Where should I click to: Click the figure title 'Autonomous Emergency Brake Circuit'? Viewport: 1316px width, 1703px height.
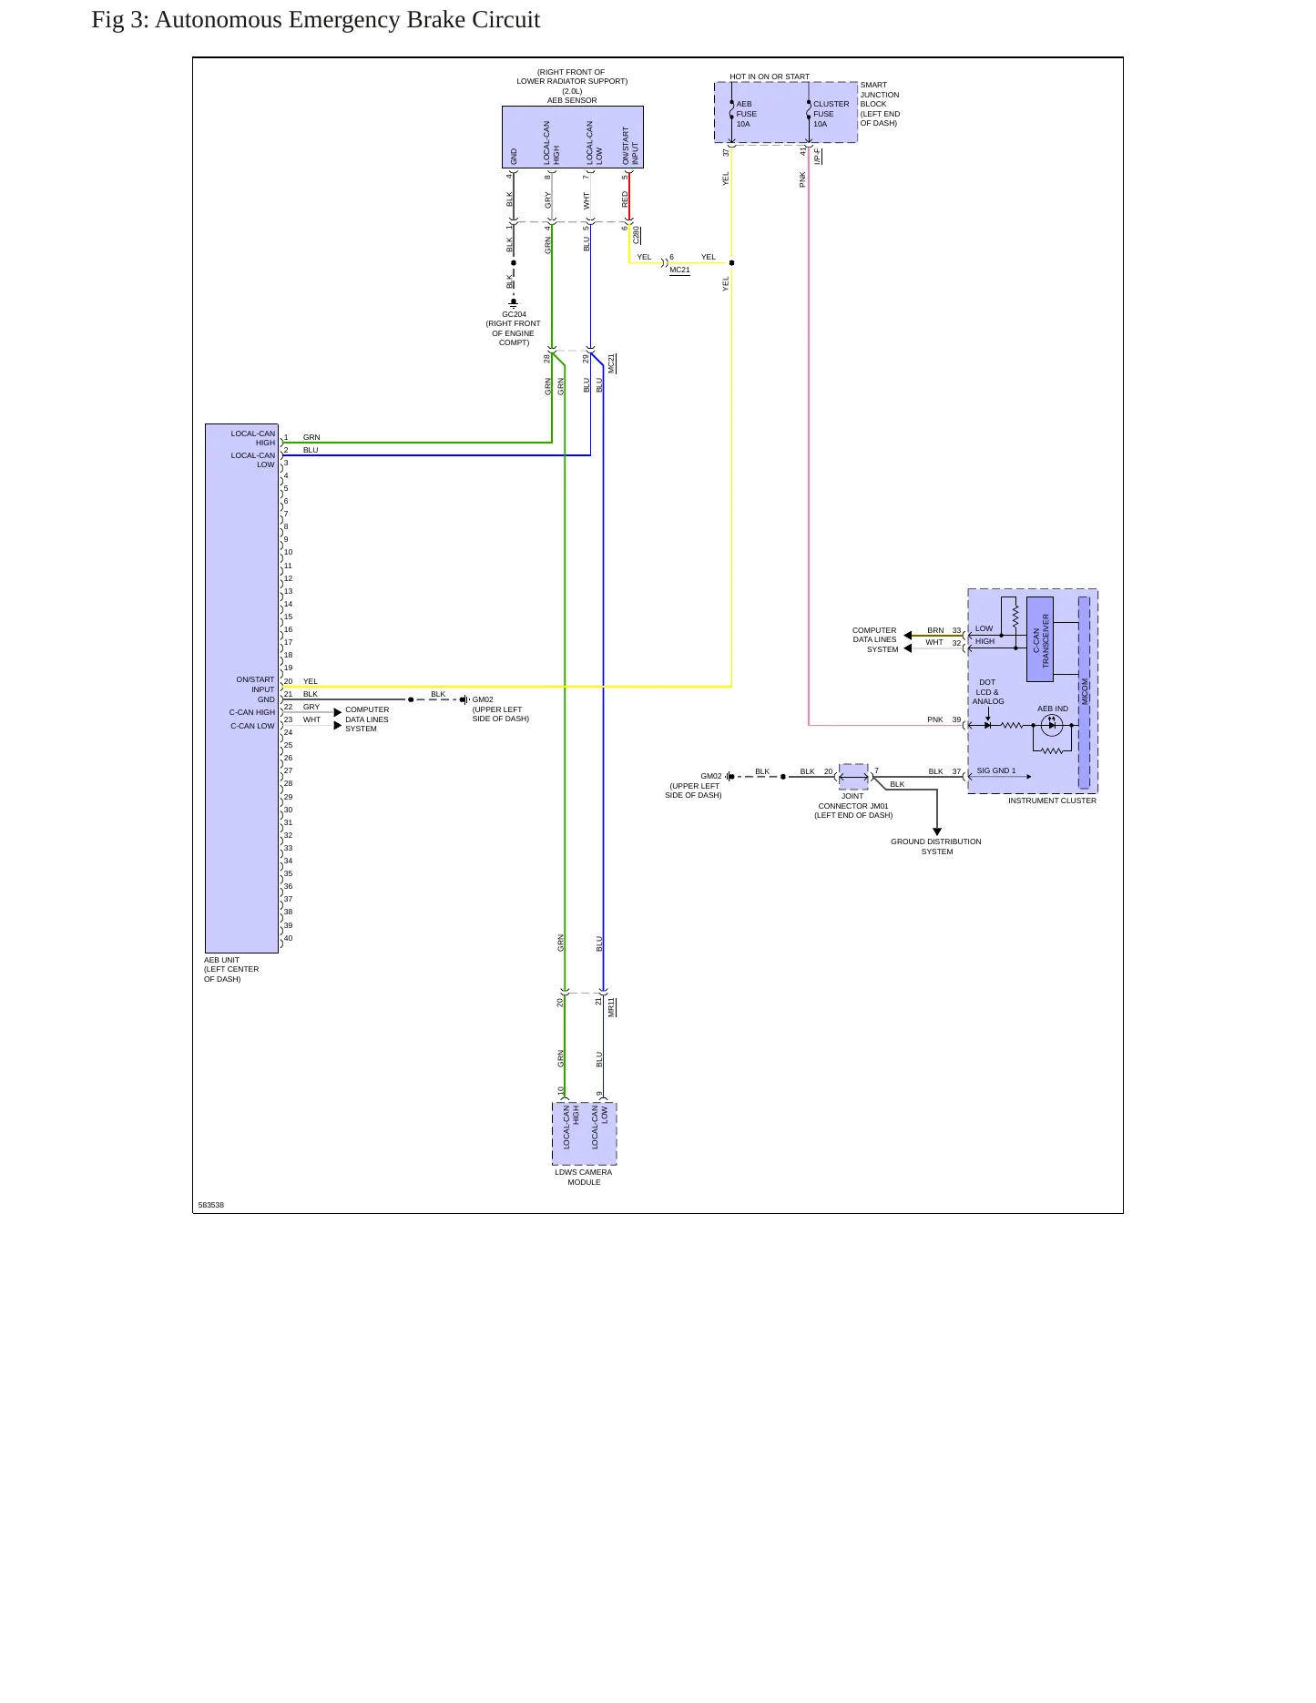pos(347,20)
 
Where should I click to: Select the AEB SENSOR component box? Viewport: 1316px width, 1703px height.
pos(572,137)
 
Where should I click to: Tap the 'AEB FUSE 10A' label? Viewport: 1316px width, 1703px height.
pos(746,114)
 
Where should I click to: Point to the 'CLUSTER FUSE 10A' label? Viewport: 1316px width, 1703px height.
pos(831,114)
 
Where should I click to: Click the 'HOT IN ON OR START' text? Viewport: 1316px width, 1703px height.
pos(770,76)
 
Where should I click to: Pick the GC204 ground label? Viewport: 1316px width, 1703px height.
pos(514,314)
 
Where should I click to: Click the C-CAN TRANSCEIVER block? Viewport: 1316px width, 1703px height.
pos(1040,639)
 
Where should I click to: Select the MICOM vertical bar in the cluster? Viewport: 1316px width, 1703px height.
pos(1084,692)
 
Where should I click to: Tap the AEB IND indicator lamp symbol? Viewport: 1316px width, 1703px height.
pos(1052,725)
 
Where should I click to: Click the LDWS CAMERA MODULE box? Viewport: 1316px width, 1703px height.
pos(584,1134)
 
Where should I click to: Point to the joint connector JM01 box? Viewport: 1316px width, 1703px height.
pos(853,777)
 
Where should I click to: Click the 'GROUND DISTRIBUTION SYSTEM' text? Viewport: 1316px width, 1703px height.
pos(936,847)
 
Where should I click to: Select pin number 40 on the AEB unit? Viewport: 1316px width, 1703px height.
pos(288,938)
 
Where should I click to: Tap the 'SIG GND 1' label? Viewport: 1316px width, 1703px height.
pos(995,770)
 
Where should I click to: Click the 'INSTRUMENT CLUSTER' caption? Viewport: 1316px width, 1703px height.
pos(1052,801)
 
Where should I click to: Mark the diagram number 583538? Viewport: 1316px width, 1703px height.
pos(211,1205)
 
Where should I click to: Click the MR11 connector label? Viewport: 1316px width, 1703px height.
pos(612,1006)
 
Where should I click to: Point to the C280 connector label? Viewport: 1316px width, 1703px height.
pos(637,234)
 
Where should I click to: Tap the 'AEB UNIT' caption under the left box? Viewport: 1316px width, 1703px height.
pos(221,960)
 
